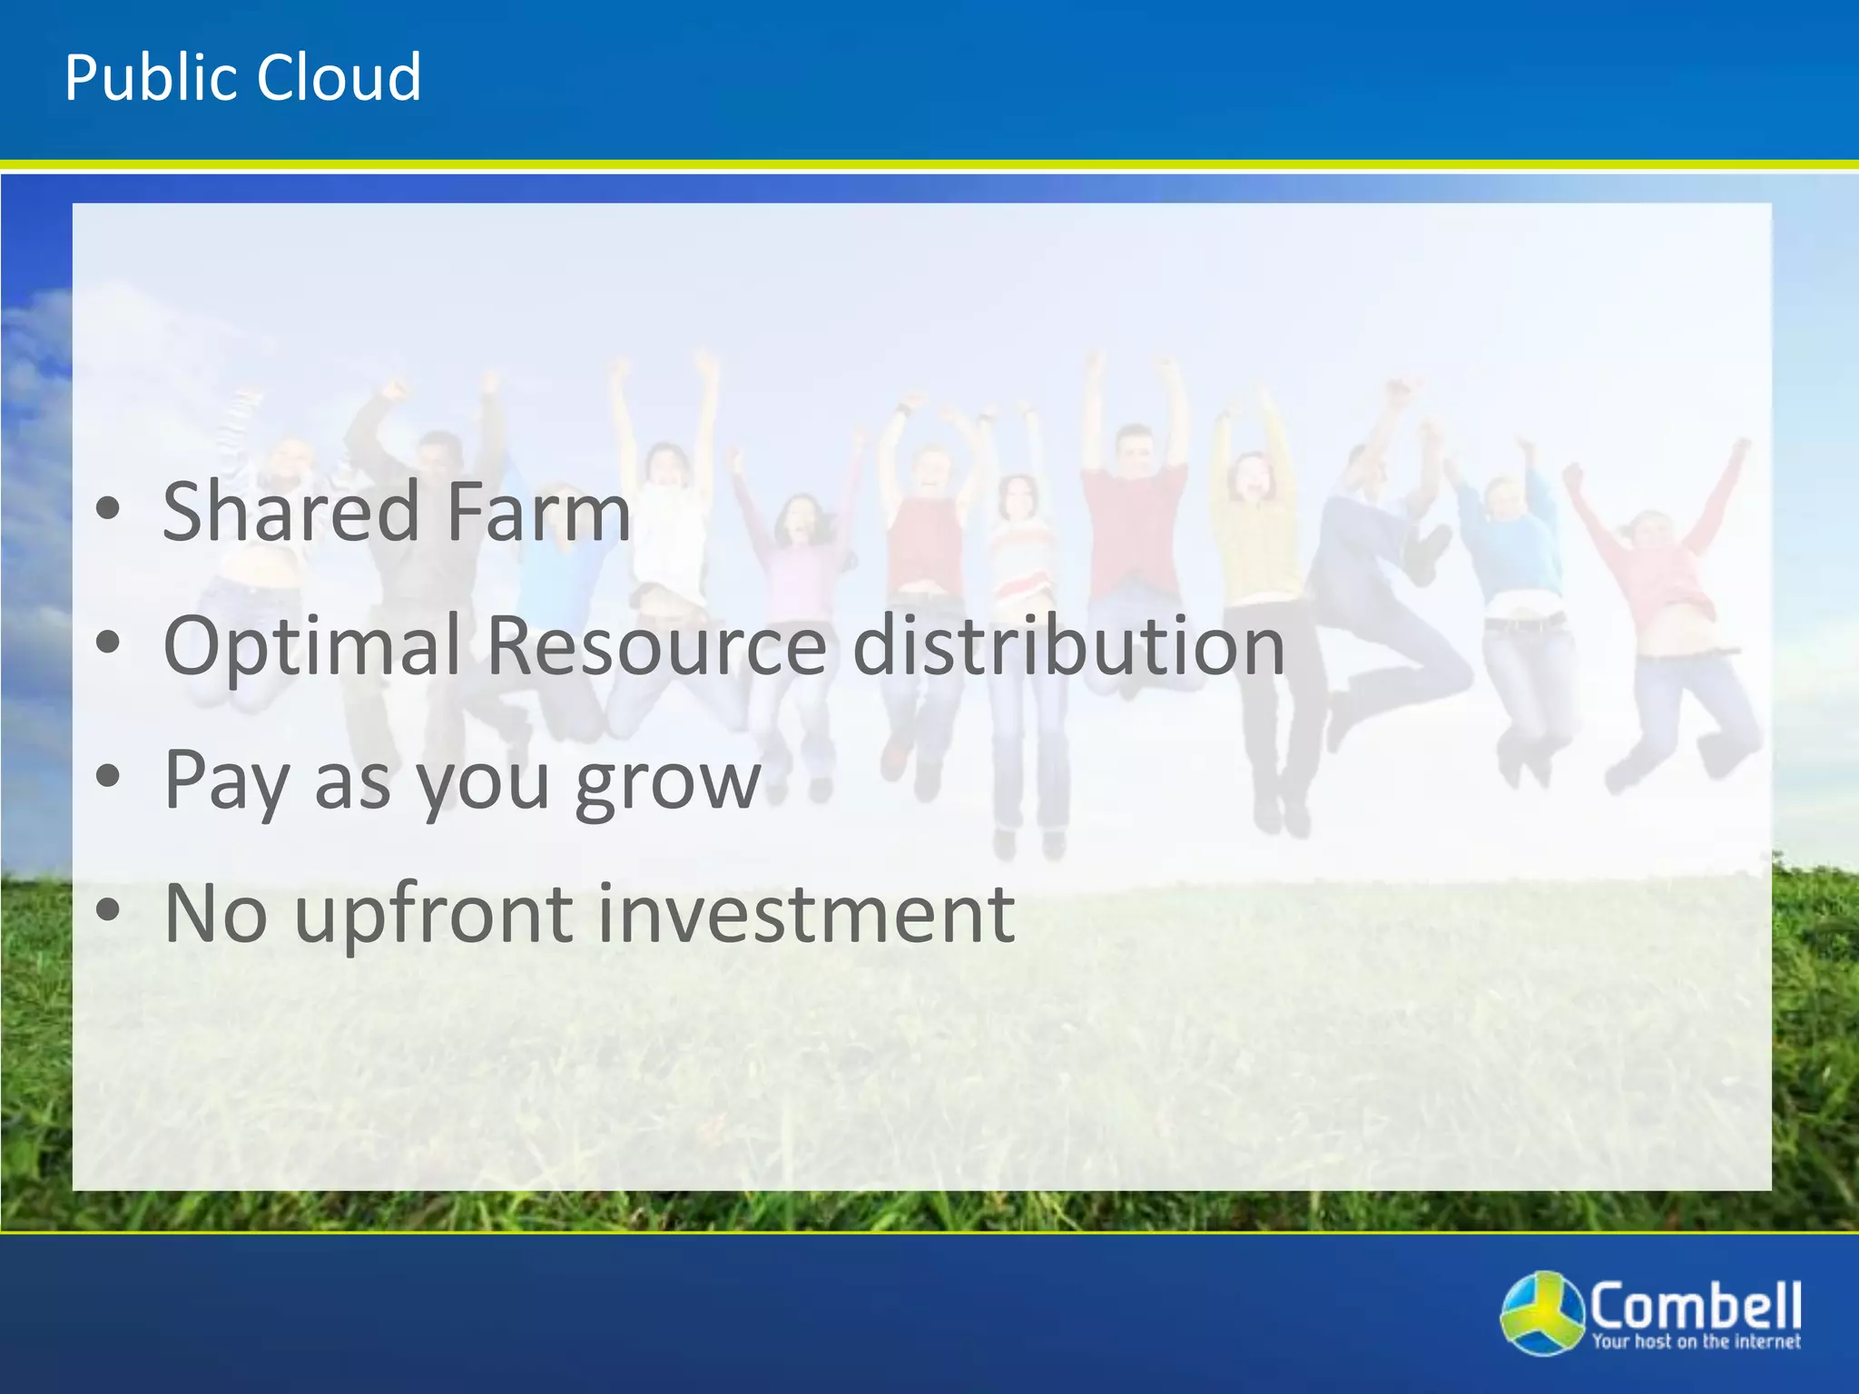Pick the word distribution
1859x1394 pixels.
point(1069,646)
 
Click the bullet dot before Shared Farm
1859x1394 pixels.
point(108,511)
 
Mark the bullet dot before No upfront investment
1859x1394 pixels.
point(108,912)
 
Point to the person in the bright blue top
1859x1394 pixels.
point(1511,545)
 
